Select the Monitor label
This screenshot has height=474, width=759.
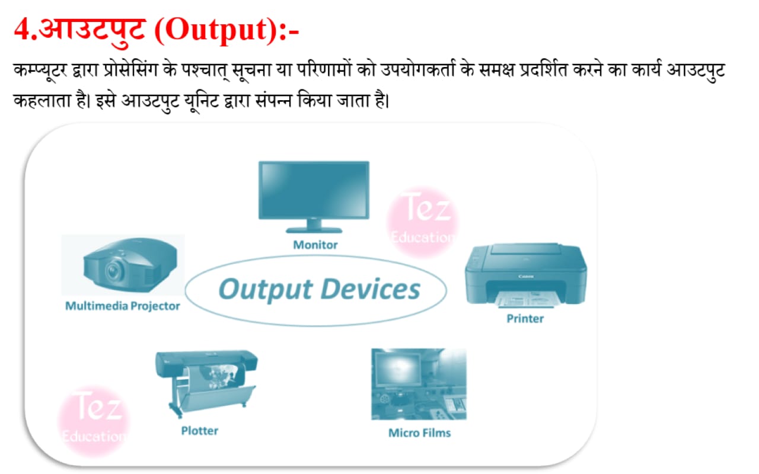315,245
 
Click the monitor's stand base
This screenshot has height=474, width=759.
314,230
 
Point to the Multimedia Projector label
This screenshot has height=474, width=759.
122,306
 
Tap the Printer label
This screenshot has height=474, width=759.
525,319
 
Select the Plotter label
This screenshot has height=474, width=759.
200,431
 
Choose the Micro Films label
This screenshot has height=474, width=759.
419,433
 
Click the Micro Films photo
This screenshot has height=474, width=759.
419,385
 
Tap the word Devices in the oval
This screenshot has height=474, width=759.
370,289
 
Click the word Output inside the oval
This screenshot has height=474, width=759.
266,290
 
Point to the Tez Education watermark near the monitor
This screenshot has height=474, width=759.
423,222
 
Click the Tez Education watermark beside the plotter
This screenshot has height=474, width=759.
94,421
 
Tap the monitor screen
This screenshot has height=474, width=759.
314,190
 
